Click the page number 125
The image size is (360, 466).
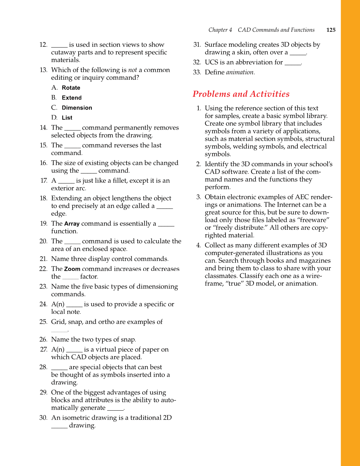(331, 30)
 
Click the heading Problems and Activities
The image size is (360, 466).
(241, 94)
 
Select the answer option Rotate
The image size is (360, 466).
(71, 88)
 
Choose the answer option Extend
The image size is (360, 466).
(72, 98)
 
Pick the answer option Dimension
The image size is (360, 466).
(77, 108)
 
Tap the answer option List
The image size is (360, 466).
(67, 118)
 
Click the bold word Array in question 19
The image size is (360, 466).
(72, 224)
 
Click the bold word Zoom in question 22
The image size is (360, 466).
(72, 269)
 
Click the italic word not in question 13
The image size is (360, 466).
(132, 70)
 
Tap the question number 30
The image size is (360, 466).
(43, 418)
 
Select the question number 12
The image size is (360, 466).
(43, 45)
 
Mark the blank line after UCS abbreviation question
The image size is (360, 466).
(293, 64)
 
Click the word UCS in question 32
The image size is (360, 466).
(211, 62)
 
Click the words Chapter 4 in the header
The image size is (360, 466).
(220, 30)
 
